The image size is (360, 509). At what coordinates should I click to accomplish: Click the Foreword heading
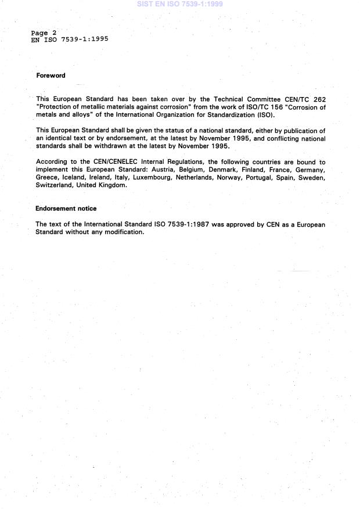(x=51, y=76)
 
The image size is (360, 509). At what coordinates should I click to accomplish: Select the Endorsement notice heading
(x=66, y=209)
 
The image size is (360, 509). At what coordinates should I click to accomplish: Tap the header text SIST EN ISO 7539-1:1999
(x=179, y=4)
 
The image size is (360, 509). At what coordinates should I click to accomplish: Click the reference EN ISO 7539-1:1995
(x=69, y=40)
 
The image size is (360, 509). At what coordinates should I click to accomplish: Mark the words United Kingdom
(x=96, y=185)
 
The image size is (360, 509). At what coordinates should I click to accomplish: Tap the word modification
(x=123, y=232)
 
